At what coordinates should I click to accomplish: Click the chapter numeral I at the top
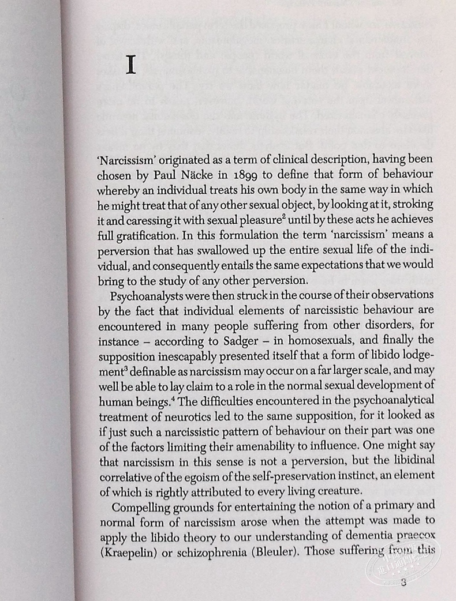[x=131, y=66]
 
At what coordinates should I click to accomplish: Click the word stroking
[x=414, y=205]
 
